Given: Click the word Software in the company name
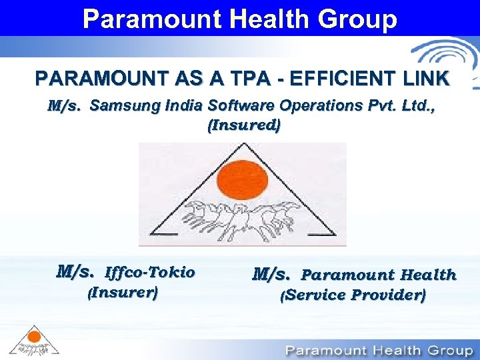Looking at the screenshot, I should click(239, 105).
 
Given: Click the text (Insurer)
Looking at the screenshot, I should click(123, 292).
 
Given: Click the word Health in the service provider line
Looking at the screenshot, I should click(429, 275).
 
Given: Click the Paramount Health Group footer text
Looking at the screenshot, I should click(379, 350).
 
